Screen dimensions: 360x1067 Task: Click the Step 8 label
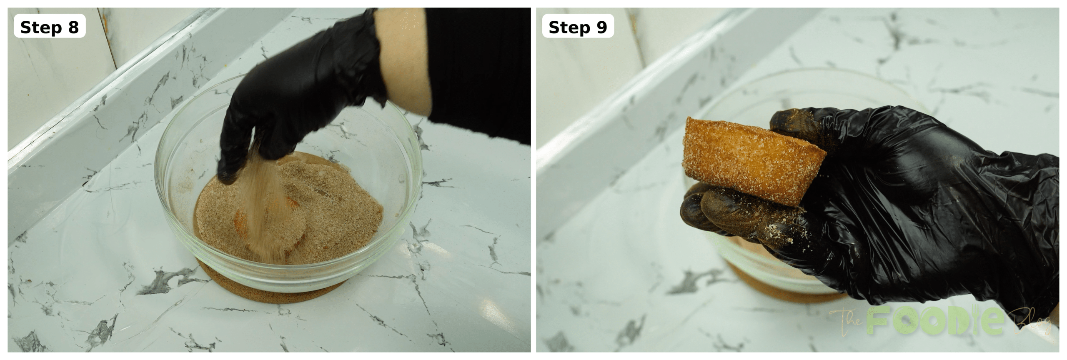[49, 27]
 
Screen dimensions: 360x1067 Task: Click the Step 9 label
[578, 27]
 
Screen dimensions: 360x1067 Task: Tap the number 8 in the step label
[73, 27]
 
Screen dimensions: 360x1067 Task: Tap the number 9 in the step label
[602, 27]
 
